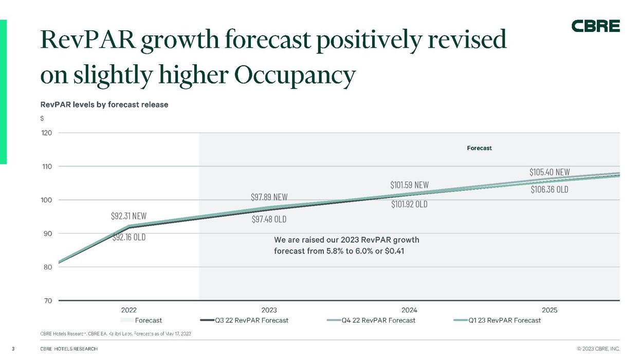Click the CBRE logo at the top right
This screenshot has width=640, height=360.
point(595,26)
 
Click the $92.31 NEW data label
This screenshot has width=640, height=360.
point(129,216)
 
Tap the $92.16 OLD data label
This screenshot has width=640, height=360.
point(129,238)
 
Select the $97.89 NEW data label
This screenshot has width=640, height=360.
point(269,197)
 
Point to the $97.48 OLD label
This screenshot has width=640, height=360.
point(269,219)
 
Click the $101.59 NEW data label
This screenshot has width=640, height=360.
point(409,184)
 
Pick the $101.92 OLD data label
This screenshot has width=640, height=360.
point(409,204)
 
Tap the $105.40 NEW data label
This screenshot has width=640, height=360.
point(550,172)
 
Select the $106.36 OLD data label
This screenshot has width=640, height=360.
point(550,189)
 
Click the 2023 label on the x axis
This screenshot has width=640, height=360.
point(269,310)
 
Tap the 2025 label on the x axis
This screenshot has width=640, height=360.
point(550,310)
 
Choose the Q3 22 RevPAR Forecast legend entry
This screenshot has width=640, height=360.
point(251,320)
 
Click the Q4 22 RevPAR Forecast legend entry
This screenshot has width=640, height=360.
point(378,320)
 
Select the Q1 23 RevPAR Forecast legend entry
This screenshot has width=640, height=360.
point(504,320)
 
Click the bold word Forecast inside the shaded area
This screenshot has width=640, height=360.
point(479,148)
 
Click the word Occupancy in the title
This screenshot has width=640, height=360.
point(295,75)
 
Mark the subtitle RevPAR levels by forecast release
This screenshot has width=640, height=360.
point(104,104)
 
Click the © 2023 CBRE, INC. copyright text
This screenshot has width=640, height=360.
point(598,349)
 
